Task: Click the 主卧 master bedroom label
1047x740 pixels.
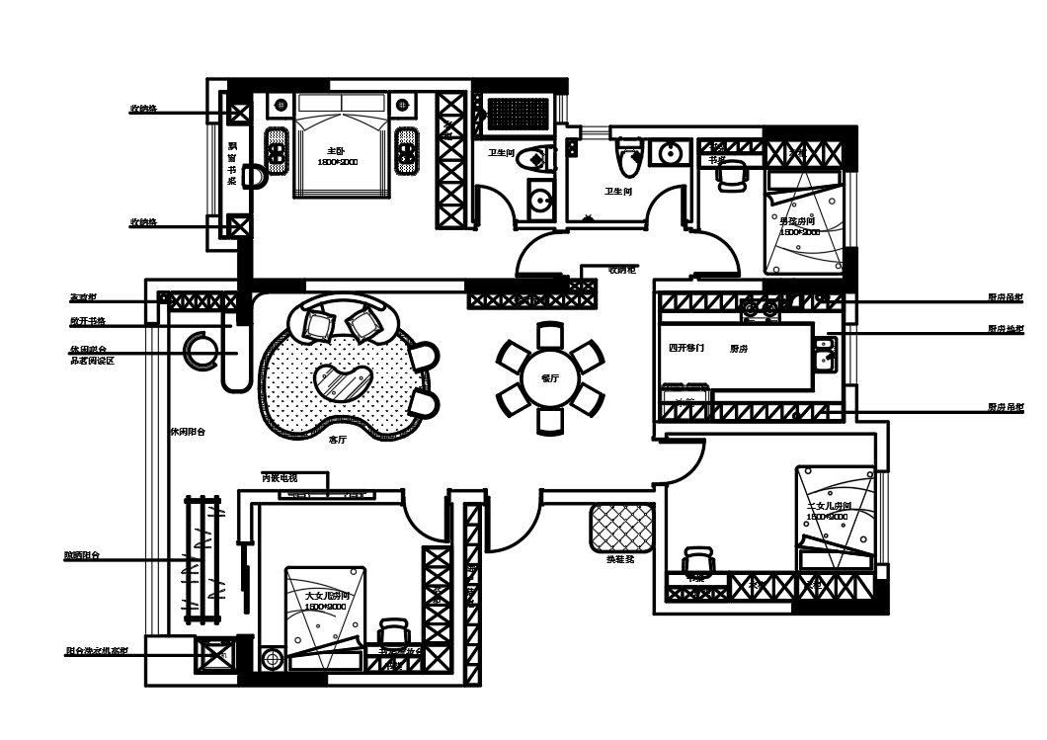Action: pos(334,151)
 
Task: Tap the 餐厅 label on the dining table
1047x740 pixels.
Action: pos(550,378)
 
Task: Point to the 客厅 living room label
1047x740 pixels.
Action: pos(337,440)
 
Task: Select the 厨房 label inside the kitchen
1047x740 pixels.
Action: pos(739,349)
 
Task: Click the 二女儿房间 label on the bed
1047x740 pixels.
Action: pos(829,506)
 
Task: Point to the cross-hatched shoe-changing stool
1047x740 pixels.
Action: pos(622,528)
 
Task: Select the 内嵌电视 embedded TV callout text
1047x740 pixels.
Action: pos(280,478)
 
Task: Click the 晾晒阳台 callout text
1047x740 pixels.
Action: pos(83,556)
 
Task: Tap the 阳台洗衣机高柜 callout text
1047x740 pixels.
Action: pos(96,652)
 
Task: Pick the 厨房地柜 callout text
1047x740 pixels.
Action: pos(1006,329)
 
